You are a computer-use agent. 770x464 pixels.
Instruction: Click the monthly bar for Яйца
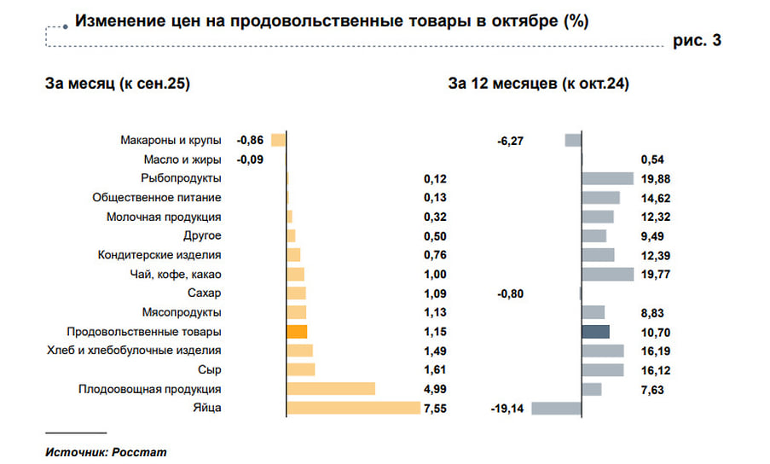pyautogui.click(x=355, y=408)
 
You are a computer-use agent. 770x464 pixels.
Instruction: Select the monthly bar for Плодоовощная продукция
pyautogui.click(x=332, y=389)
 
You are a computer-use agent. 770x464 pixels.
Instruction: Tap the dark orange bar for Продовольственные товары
pyautogui.click(x=297, y=332)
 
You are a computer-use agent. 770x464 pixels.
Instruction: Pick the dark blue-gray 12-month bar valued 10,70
pyautogui.click(x=595, y=332)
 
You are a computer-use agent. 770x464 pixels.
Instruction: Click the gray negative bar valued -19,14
pyautogui.click(x=556, y=408)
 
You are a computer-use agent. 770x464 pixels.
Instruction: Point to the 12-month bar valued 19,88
pyautogui.click(x=607, y=178)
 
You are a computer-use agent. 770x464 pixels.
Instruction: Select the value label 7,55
pyautogui.click(x=435, y=409)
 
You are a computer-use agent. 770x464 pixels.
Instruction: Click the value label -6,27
pyautogui.click(x=510, y=141)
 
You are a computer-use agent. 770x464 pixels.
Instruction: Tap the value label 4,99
pyautogui.click(x=435, y=390)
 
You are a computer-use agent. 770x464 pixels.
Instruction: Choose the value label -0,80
pyautogui.click(x=510, y=293)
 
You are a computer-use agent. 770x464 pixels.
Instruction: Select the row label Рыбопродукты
pyautogui.click(x=182, y=178)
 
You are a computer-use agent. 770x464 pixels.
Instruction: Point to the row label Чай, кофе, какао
pyautogui.click(x=177, y=274)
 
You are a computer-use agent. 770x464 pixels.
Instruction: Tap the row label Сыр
pyautogui.click(x=211, y=369)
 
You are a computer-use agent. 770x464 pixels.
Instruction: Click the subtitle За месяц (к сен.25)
pyautogui.click(x=117, y=84)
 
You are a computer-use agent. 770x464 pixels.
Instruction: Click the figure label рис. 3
pyautogui.click(x=697, y=41)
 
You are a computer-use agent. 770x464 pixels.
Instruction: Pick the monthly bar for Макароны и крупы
pyautogui.click(x=279, y=140)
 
